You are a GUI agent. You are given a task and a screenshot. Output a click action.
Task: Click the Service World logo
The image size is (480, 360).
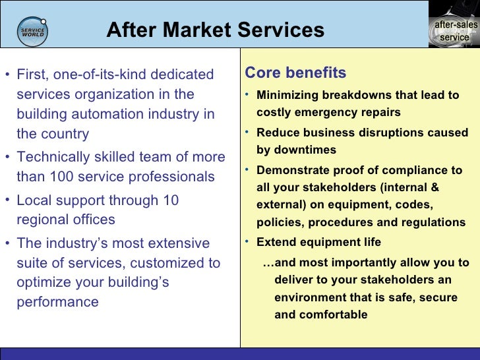coord(33,31)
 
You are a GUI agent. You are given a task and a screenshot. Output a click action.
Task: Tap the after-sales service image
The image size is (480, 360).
coord(454,24)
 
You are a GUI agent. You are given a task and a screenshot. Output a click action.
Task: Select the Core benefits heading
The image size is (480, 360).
coord(295,73)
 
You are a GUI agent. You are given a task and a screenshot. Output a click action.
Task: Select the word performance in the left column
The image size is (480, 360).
coord(57,302)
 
